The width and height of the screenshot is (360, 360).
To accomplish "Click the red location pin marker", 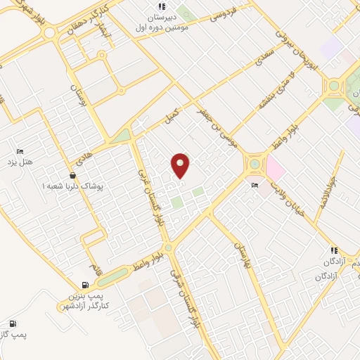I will pyautogui.click(x=181, y=165).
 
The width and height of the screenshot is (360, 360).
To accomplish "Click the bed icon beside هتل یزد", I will pyautogui.click(x=20, y=151).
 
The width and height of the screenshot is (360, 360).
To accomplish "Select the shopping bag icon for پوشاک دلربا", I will pyautogui.click(x=72, y=175).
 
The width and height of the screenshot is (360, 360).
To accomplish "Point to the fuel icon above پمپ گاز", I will pyautogui.click(x=13, y=324).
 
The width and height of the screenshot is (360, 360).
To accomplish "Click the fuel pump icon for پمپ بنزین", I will pyautogui.click(x=86, y=285).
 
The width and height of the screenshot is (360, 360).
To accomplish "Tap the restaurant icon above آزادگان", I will pyautogui.click(x=334, y=250).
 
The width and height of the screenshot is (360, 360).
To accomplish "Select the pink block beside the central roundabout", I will pyautogui.click(x=274, y=169).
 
